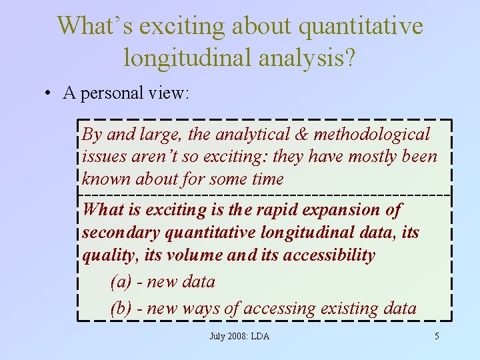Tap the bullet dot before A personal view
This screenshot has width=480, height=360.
(50, 93)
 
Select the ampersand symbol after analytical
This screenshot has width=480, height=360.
(301, 135)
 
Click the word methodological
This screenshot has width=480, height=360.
(372, 135)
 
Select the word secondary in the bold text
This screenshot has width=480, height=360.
(121, 233)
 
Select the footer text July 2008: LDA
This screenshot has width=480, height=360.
(239, 337)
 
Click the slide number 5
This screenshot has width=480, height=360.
(437, 337)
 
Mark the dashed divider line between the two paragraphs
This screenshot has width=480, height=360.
(264, 195)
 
